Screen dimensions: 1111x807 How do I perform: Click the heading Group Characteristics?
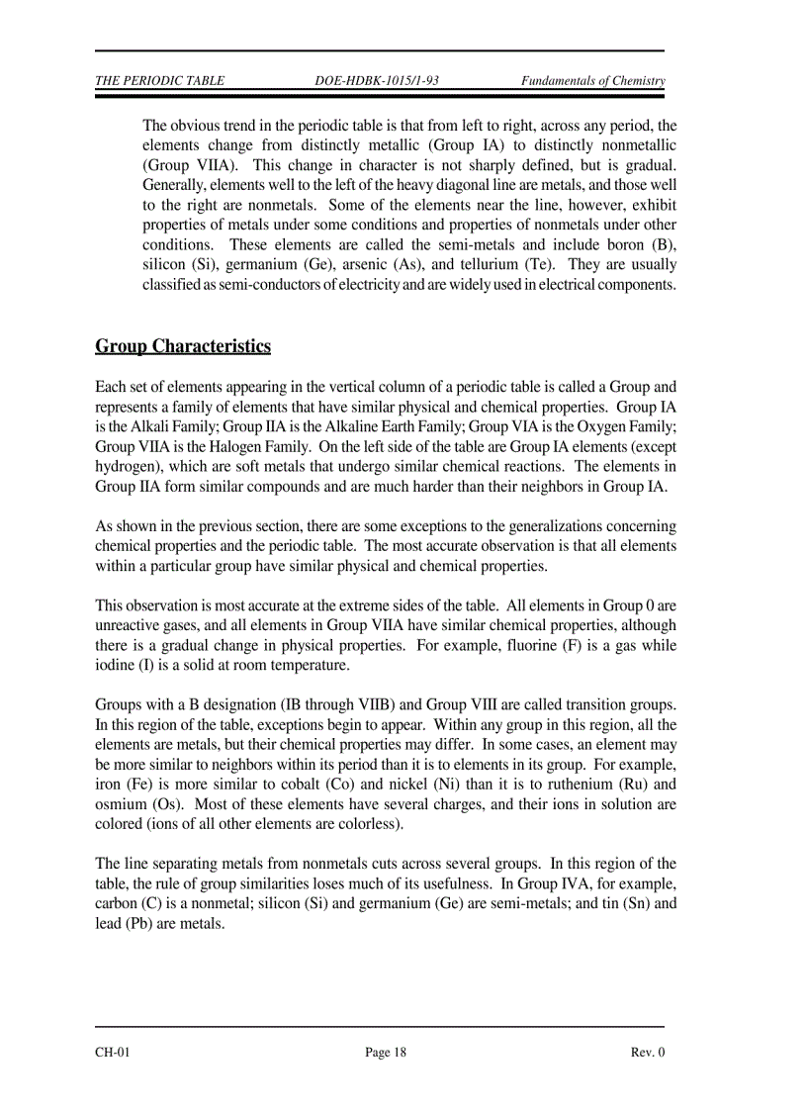[x=183, y=346]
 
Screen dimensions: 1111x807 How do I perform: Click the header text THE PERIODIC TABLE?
[x=159, y=81]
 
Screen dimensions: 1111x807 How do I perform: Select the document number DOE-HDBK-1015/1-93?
[x=376, y=81]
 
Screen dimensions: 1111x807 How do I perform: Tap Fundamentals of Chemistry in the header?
[x=592, y=81]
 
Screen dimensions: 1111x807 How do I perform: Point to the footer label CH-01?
[x=113, y=1053]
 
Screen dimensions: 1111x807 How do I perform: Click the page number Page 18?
[x=386, y=1053]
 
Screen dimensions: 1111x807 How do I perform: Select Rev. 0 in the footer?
[x=648, y=1053]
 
